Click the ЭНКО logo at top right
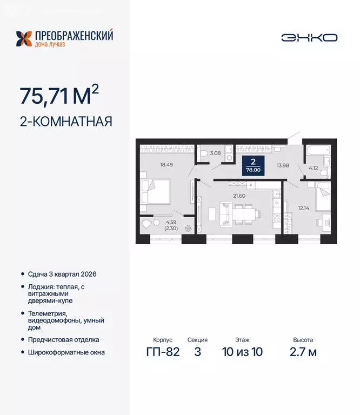(x=309, y=37)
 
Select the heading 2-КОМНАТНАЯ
(x=65, y=122)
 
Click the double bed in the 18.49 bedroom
(x=155, y=192)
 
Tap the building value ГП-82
(x=162, y=352)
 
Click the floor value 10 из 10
(x=242, y=352)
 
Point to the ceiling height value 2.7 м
(x=303, y=352)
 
